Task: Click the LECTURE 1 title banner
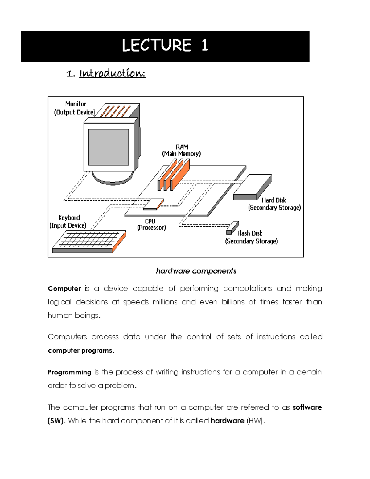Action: [165, 46]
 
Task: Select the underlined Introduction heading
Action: [112, 73]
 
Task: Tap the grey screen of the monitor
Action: [109, 147]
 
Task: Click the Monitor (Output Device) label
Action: [75, 108]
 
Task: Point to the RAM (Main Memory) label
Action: [182, 150]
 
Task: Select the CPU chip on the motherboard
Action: [153, 204]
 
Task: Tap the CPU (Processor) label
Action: [151, 225]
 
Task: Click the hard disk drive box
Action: [252, 187]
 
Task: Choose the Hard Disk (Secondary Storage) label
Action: [274, 204]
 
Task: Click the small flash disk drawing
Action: [232, 228]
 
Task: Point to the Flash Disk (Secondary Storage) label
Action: [251, 237]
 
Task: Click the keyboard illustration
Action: [89, 242]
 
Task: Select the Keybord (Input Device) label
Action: [68, 221]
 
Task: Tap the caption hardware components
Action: [196, 271]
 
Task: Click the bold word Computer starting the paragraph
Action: [64, 289]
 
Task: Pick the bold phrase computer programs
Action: [81, 351]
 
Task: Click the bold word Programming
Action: [69, 372]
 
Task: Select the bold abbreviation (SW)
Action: [56, 421]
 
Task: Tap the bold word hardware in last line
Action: [227, 421]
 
